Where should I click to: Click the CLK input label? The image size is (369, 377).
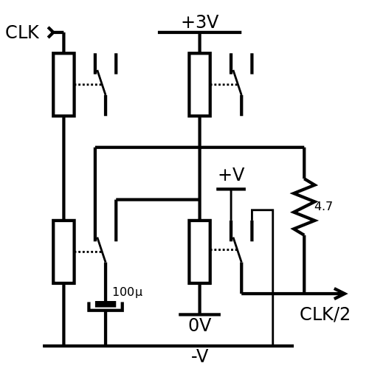(x=22, y=32)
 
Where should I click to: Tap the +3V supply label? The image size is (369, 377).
(x=200, y=22)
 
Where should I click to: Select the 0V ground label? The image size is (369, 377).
(x=200, y=325)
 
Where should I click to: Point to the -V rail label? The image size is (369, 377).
(x=200, y=356)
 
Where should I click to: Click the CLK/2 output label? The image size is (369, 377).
(x=325, y=314)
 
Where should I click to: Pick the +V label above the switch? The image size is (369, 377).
(x=232, y=175)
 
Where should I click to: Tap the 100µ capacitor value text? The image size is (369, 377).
(x=128, y=292)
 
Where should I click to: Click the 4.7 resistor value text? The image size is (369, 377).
(x=323, y=206)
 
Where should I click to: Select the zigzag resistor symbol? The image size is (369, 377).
(x=304, y=207)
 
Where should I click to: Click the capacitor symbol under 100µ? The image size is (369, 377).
(x=106, y=306)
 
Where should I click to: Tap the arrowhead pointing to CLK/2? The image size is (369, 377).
(x=341, y=294)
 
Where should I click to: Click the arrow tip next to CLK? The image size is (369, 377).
(x=51, y=32)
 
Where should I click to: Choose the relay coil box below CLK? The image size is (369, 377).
(x=63, y=84)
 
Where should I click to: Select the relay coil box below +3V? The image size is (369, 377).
(x=200, y=84)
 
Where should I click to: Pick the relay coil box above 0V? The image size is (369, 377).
(x=200, y=252)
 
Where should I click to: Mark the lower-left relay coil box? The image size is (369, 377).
(x=63, y=252)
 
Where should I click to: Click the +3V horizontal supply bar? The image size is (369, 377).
(x=200, y=32)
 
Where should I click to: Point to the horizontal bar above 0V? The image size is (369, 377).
(x=200, y=314)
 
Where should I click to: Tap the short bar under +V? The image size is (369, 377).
(x=231, y=189)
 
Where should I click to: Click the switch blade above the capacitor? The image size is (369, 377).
(x=101, y=250)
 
